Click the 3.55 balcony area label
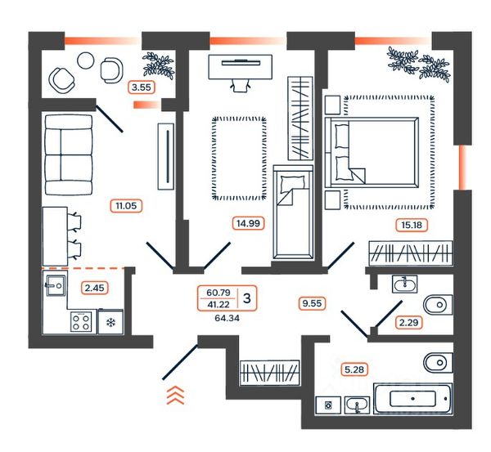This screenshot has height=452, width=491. pyautogui.click(x=142, y=87)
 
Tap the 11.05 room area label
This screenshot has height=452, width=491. pyautogui.click(x=126, y=206)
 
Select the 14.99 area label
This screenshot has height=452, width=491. pyautogui.click(x=248, y=223)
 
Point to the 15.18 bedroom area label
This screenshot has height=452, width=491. pyautogui.click(x=412, y=225)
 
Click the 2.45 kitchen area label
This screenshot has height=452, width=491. pyautogui.click(x=95, y=288)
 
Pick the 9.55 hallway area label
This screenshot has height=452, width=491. pyautogui.click(x=313, y=303)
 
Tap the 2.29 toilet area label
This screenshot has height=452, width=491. pyautogui.click(x=408, y=322)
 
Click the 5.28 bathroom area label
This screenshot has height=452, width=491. pyautogui.click(x=354, y=369)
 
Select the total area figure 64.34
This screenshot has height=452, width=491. pyautogui.click(x=227, y=318)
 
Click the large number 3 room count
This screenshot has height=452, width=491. pyautogui.click(x=247, y=298)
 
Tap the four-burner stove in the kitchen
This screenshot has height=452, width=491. pyautogui.click(x=81, y=322)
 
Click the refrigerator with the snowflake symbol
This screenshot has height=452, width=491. pyautogui.click(x=110, y=321)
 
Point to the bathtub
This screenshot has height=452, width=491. pyautogui.click(x=413, y=398)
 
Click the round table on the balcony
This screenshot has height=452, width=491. pyautogui.click(x=85, y=60)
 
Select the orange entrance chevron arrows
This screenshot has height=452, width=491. pyautogui.click(x=175, y=396)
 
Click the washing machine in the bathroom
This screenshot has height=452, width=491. pyautogui.click(x=328, y=405)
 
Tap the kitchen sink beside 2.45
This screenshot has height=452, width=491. pyautogui.click(x=56, y=285)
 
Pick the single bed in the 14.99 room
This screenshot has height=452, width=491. pyautogui.click(x=293, y=213)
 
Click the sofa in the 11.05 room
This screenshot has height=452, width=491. pyautogui.click(x=69, y=154)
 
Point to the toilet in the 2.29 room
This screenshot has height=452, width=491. pyautogui.click(x=438, y=304)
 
